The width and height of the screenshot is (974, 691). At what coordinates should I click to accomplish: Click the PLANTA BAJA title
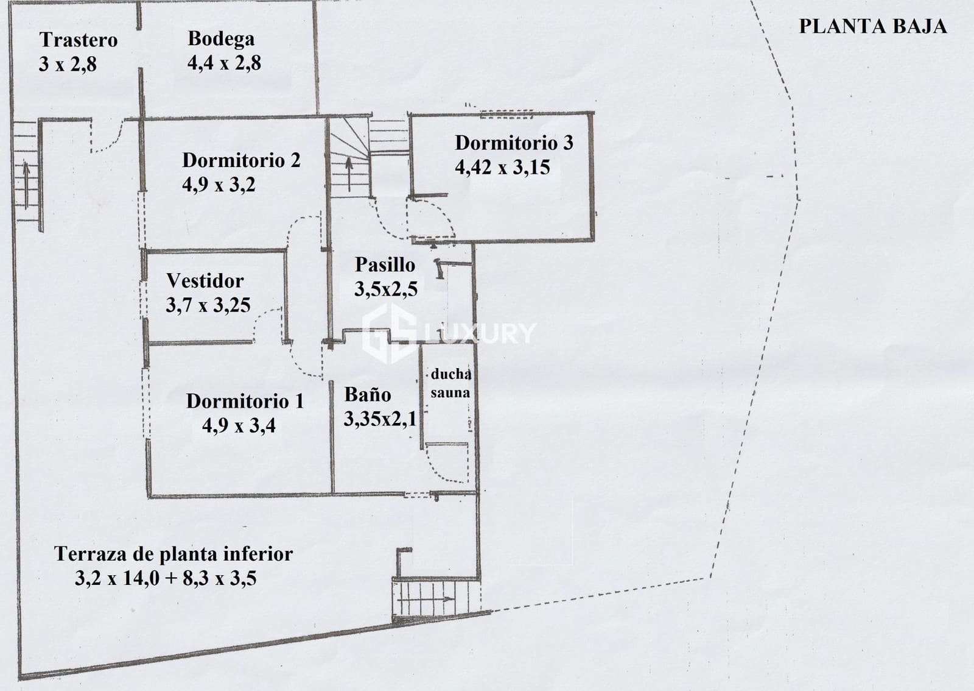872,26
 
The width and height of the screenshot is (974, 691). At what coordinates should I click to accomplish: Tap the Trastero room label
79,40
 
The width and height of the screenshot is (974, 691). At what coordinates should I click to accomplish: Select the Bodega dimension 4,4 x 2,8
224,63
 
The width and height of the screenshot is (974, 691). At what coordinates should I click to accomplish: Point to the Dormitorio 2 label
241,160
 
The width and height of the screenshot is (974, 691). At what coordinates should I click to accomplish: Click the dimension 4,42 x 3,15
502,167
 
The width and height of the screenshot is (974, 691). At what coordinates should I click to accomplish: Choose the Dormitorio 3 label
514,143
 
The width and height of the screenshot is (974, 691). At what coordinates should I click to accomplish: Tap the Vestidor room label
205,281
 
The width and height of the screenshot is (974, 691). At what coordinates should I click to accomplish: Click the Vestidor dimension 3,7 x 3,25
208,305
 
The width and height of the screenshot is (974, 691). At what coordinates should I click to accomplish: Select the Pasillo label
385,264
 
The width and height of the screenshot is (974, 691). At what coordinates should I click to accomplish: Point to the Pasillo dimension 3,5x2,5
386,289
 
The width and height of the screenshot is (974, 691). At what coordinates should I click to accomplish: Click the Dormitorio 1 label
245,401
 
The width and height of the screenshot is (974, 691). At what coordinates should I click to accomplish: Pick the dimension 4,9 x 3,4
239,425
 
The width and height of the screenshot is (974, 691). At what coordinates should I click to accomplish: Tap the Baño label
368,394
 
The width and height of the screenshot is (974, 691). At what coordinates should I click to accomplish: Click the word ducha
450,374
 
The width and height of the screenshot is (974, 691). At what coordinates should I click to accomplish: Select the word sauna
450,393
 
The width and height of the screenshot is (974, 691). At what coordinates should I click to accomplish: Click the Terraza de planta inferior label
173,554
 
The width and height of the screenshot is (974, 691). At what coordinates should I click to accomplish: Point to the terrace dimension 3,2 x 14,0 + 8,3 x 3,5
166,578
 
